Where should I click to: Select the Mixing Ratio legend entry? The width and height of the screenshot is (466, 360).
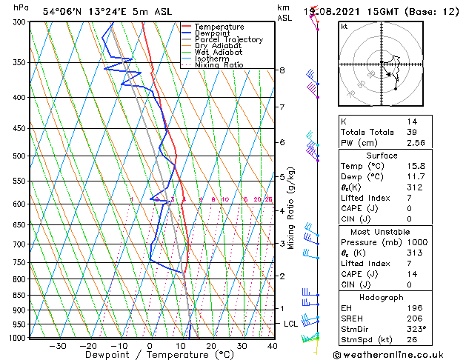pos(219,65)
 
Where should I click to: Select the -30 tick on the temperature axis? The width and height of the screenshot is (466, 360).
pos(57,346)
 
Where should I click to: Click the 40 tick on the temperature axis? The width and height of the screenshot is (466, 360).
pos(272,346)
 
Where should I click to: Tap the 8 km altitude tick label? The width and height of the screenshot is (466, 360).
pos(282,70)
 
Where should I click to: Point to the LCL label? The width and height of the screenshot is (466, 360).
pos(290,324)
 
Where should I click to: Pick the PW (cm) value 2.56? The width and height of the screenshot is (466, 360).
pos(416,143)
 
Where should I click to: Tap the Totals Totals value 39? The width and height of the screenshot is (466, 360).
pos(411,132)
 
